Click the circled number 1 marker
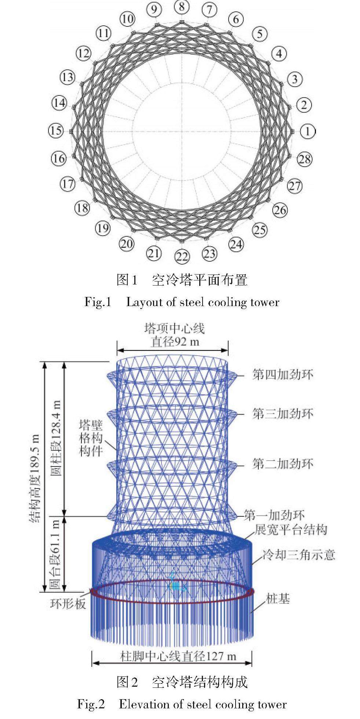click(308, 131)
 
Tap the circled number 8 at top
click(182, 6)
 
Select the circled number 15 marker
click(56, 131)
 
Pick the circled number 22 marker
click(182, 257)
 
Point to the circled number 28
click(305, 159)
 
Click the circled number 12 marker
click(83, 54)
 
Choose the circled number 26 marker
click(280, 210)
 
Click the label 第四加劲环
click(283, 375)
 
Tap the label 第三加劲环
click(283, 414)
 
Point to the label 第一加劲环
click(274, 516)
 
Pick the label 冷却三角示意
click(298, 555)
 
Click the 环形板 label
click(68, 604)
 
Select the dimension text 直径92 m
click(175, 342)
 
